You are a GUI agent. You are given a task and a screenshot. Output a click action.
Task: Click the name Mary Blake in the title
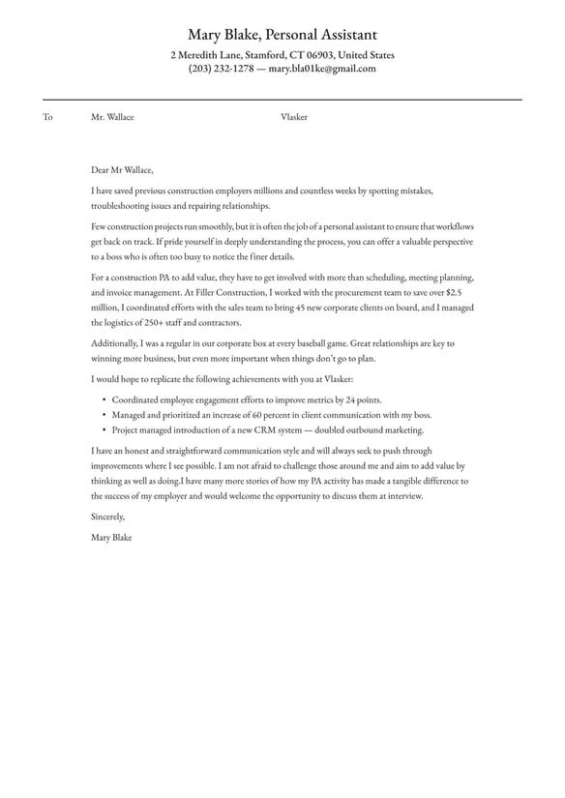click(224, 35)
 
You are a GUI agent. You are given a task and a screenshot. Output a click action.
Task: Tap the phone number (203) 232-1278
click(222, 70)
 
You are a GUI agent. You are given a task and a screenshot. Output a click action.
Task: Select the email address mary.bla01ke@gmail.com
click(322, 70)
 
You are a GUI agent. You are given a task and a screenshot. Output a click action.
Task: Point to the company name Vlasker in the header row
click(294, 117)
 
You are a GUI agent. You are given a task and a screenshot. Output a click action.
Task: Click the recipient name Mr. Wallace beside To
click(112, 117)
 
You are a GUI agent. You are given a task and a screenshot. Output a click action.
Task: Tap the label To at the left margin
click(47, 117)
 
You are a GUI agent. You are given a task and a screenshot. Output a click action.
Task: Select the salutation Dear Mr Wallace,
click(123, 168)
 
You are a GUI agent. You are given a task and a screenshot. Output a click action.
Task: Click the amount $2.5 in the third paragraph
click(454, 291)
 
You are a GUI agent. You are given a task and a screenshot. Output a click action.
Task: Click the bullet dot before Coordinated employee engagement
click(104, 399)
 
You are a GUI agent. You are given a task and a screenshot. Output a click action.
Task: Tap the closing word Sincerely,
click(108, 517)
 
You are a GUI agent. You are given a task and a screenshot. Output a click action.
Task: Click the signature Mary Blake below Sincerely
click(111, 537)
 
